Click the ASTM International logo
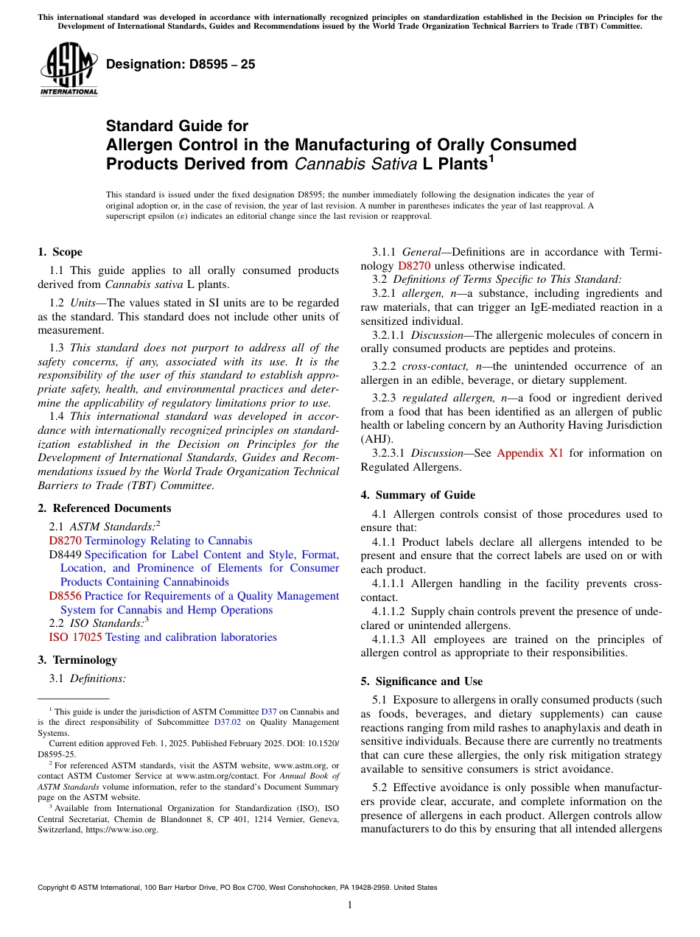(x=68, y=71)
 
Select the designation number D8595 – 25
(x=181, y=64)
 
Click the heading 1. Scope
(x=60, y=252)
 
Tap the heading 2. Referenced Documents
(x=105, y=508)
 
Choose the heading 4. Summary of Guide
(x=418, y=495)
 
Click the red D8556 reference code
(x=65, y=596)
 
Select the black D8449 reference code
(x=65, y=555)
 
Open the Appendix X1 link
(x=530, y=453)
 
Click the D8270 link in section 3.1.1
(x=413, y=266)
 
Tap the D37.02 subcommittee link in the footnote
(x=227, y=723)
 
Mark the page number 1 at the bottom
(x=350, y=905)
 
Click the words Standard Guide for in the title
(x=177, y=126)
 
